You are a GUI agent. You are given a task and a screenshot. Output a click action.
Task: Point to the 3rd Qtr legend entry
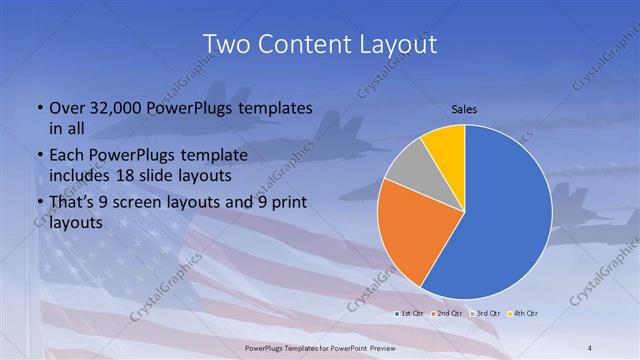486,314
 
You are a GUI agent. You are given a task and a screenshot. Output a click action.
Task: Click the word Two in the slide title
227,45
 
